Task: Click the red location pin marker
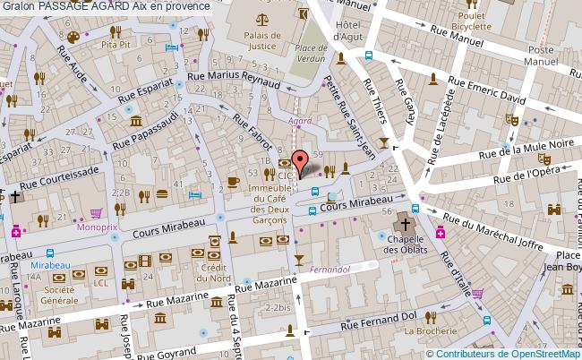(303, 160)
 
